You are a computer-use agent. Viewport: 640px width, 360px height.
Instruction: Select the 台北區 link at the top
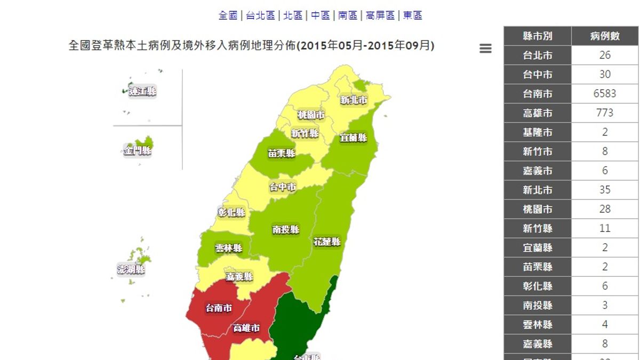point(261,15)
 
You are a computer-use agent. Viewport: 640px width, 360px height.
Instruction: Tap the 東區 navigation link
point(412,15)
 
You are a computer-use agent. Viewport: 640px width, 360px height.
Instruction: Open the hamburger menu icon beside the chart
point(485,49)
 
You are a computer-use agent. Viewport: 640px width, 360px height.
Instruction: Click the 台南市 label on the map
point(219,308)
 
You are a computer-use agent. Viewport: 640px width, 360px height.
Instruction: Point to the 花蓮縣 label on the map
point(327,242)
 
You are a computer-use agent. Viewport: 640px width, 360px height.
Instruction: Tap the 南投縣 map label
point(286,230)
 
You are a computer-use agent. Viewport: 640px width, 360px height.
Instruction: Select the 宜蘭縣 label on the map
point(354,138)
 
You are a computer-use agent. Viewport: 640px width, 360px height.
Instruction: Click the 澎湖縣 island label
point(131,269)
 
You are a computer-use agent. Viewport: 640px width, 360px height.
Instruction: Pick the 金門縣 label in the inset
point(138,151)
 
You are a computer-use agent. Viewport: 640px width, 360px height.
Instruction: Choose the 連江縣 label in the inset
point(143,92)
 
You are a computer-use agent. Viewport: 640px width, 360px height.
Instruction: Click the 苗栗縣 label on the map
point(282,154)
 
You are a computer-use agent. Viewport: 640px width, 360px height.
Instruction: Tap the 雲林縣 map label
point(229,249)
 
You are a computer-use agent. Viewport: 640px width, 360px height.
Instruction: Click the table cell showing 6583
point(605,94)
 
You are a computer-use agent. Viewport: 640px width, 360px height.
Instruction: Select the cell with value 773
point(605,113)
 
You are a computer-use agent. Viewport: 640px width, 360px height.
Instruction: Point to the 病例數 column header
point(605,36)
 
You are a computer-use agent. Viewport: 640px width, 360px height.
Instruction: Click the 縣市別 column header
point(538,36)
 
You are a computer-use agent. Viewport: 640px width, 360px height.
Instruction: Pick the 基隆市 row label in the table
point(538,132)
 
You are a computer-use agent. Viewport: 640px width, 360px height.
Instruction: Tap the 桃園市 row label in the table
point(538,209)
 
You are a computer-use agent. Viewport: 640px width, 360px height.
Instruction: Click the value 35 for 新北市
point(605,190)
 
